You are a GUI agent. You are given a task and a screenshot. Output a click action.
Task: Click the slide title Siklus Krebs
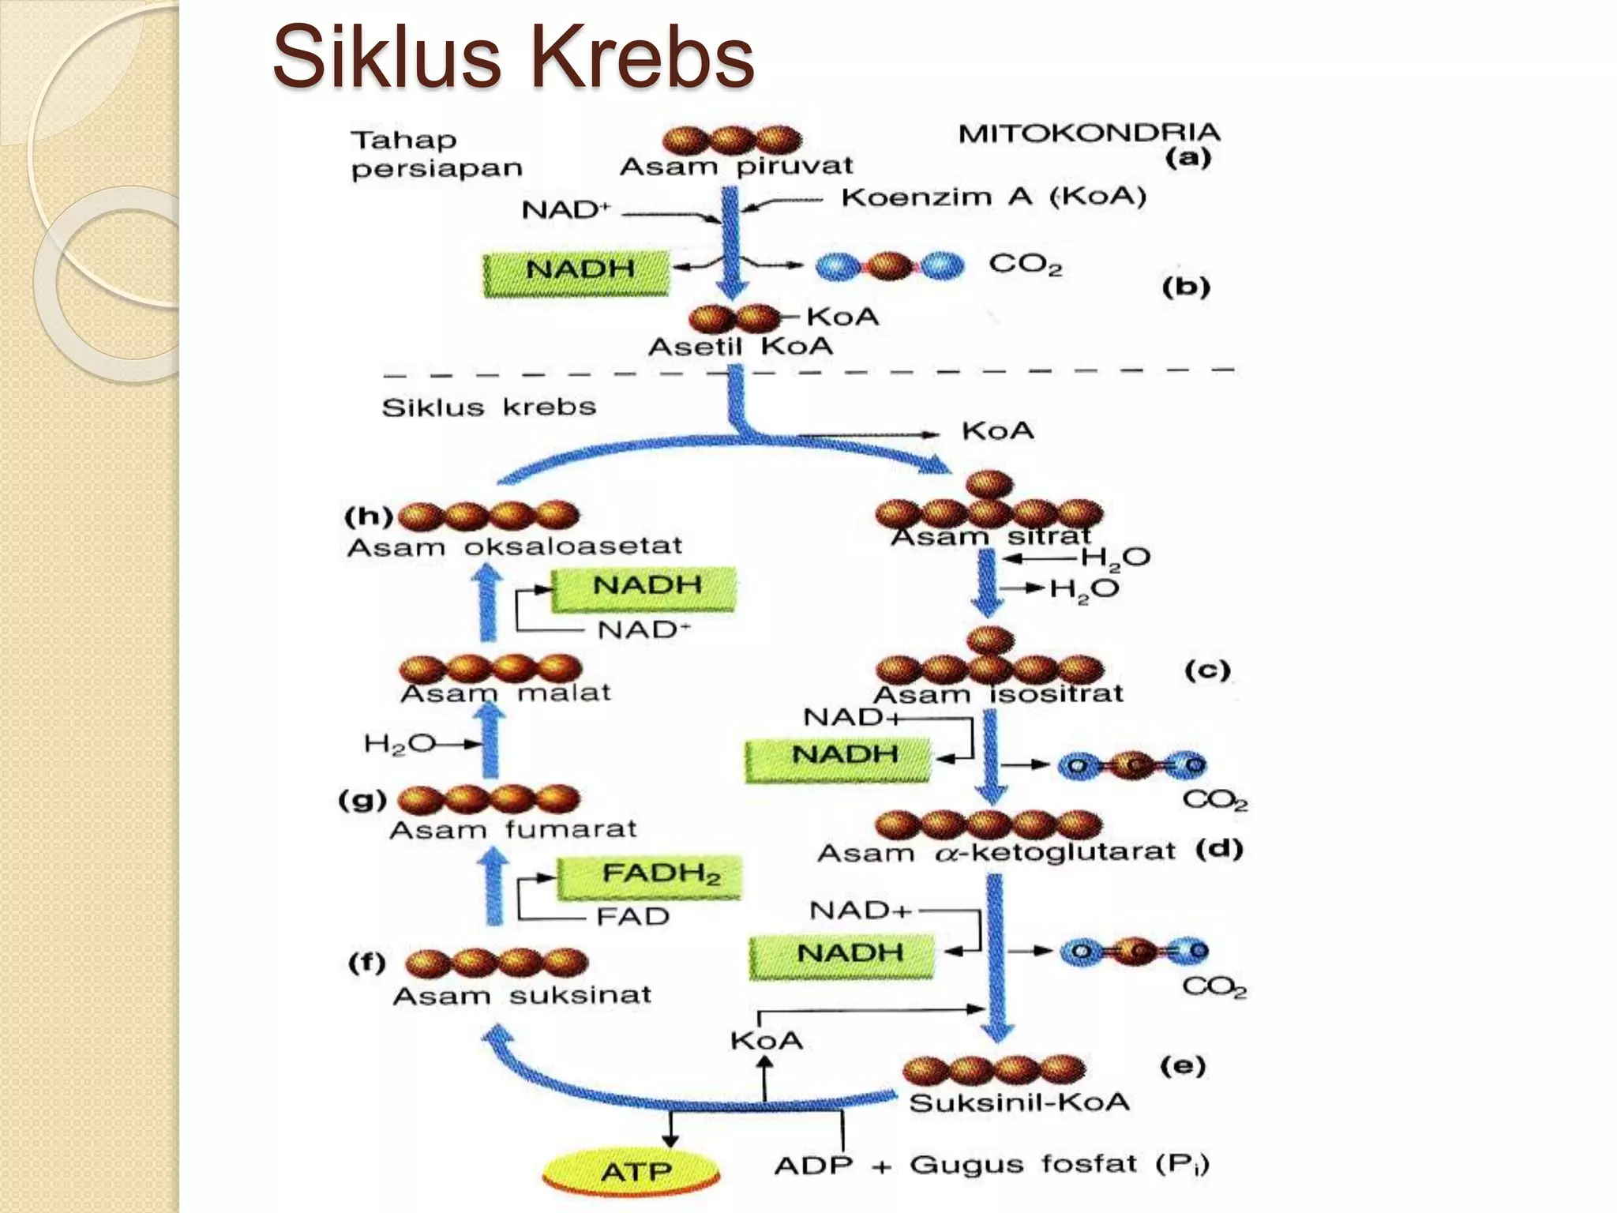[x=513, y=57]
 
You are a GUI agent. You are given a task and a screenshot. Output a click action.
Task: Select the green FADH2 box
[x=649, y=876]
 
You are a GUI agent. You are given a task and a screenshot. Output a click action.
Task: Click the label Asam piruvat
[x=736, y=166]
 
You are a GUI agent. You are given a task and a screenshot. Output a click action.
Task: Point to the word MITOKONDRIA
[x=1089, y=133]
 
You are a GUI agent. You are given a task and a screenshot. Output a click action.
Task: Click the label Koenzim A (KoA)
[x=993, y=197]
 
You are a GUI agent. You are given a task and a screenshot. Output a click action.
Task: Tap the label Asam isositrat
[x=998, y=694]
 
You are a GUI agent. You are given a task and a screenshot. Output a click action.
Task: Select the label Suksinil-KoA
[x=1019, y=1102]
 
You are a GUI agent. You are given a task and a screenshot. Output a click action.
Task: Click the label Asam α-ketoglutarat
[x=996, y=853]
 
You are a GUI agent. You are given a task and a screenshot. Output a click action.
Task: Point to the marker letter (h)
[x=368, y=516]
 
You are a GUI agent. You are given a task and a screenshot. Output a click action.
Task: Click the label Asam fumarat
[x=512, y=830]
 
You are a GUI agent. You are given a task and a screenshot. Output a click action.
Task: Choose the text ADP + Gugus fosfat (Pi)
[x=991, y=1165]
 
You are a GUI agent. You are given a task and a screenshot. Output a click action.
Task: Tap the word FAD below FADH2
[x=632, y=917]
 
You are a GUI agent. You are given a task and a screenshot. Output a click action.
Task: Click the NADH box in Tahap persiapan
[x=577, y=271]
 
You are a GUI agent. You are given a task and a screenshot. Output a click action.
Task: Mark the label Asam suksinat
[x=522, y=995]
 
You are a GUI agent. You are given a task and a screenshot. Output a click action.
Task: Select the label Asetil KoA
[x=741, y=347]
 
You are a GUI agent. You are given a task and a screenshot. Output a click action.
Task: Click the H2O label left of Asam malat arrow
[x=399, y=744]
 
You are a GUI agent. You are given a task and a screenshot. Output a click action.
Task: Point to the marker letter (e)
[x=1182, y=1066]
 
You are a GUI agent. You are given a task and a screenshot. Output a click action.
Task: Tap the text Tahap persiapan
[x=437, y=155]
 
